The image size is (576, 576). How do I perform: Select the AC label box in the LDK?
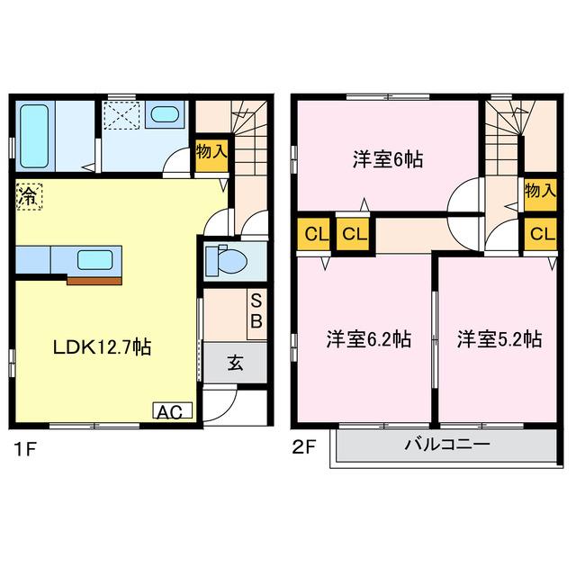click(x=170, y=412)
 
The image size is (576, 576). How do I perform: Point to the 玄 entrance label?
click(x=234, y=364)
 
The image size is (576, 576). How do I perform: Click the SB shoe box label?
click(x=256, y=310)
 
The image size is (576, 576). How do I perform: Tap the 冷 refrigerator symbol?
click(x=28, y=198)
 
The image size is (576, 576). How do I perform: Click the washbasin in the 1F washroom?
click(x=164, y=114)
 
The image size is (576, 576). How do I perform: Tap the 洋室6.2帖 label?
click(x=368, y=339)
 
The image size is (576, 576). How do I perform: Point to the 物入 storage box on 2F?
click(x=539, y=192)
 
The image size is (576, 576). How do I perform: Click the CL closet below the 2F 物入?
click(x=539, y=234)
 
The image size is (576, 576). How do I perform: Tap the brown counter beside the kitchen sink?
click(x=94, y=280)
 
